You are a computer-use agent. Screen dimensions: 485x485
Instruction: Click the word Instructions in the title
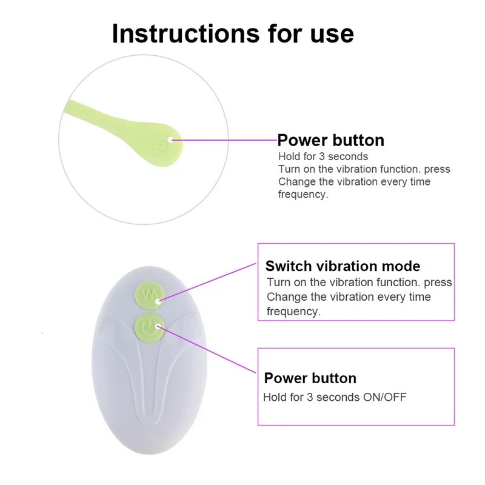tap(186, 33)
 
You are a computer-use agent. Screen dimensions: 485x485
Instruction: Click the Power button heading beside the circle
tap(330, 140)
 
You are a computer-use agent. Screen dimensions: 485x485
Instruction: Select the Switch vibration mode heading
tap(343, 266)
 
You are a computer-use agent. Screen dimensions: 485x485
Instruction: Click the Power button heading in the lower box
tap(310, 378)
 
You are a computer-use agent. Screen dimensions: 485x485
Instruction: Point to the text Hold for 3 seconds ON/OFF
tap(335, 397)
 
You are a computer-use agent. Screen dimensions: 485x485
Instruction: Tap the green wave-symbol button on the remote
tap(149, 295)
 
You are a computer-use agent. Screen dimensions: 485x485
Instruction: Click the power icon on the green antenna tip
tap(162, 145)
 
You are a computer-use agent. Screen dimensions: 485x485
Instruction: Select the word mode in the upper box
tap(401, 266)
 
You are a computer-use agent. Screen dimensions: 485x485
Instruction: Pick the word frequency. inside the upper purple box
tap(293, 312)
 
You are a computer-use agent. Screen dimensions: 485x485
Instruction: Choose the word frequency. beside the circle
tap(303, 195)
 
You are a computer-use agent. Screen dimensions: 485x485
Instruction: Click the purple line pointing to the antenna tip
tap(224, 140)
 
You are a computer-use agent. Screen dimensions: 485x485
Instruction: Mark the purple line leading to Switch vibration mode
tap(207, 282)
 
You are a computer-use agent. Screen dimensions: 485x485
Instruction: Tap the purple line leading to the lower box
tap(207, 350)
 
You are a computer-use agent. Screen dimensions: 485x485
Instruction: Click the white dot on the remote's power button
tap(158, 326)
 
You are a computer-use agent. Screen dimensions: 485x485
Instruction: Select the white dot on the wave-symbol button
tap(159, 301)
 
